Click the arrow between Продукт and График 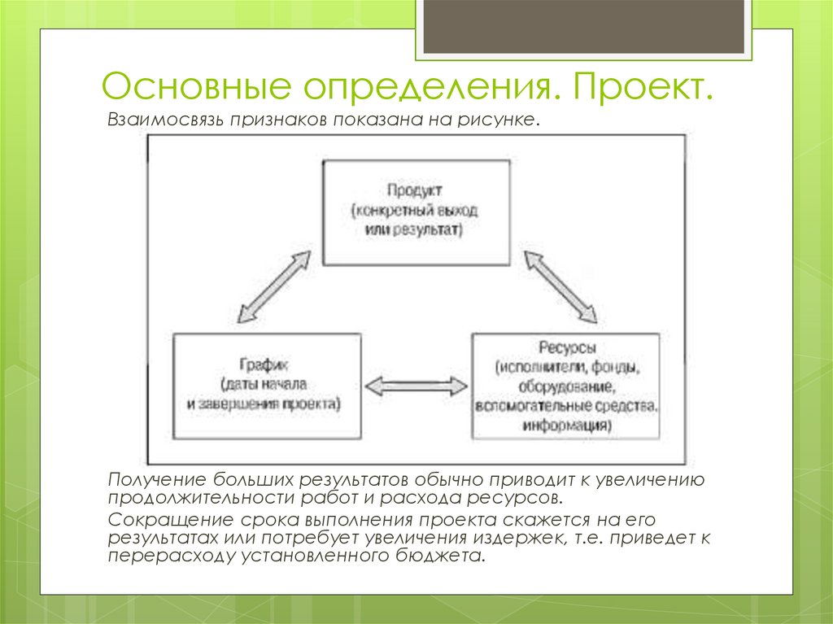[x=275, y=288]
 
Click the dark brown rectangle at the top [x=583, y=28]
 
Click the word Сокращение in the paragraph [x=164, y=520]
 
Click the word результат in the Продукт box [x=430, y=230]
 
